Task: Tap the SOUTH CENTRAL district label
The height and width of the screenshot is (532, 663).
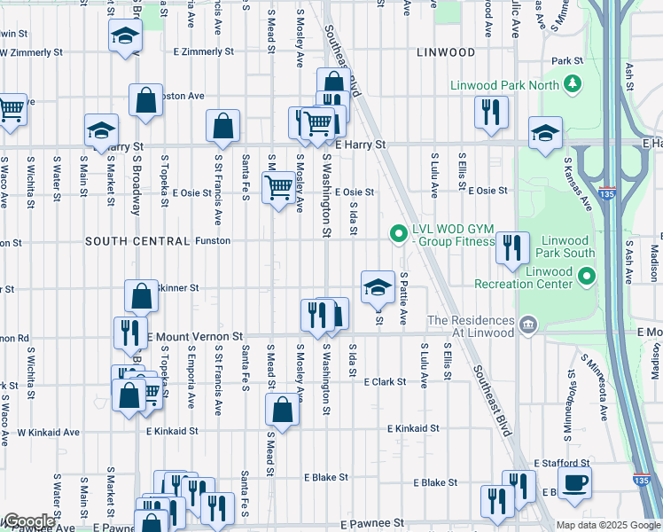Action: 137,241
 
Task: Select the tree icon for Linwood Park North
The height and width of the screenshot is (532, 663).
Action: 573,84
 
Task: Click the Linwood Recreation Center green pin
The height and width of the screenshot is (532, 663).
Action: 585,278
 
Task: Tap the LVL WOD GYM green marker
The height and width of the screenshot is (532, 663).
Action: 398,234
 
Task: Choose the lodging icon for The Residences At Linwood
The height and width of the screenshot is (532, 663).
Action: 529,325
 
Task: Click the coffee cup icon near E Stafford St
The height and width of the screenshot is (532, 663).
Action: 575,481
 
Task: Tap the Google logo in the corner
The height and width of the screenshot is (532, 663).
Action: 28,521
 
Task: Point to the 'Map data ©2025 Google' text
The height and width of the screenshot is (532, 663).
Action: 608,525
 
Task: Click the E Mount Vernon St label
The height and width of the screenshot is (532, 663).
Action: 194,337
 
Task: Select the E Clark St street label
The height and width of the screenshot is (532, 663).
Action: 384,382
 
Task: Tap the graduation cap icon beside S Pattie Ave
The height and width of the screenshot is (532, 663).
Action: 378,286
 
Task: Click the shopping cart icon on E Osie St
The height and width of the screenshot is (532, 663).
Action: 279,188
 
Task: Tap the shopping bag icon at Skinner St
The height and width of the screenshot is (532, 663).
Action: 141,296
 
